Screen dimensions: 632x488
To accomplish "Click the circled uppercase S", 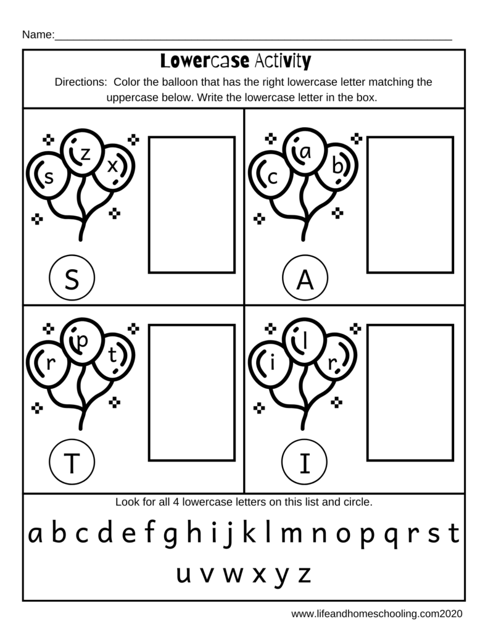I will click(72, 280).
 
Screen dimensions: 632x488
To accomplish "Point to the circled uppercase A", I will click(304, 280).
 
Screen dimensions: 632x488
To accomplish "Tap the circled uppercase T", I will click(72, 464).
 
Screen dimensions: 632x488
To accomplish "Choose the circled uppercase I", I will click(304, 464).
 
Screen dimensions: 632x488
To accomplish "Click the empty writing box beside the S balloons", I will click(192, 204).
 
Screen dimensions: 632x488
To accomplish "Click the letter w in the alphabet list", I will click(232, 575).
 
